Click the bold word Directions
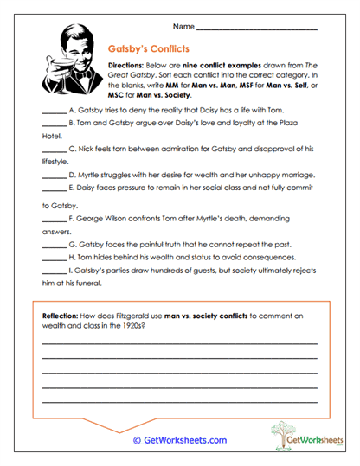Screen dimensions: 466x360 point(127,66)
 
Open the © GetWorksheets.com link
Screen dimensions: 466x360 point(180,440)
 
